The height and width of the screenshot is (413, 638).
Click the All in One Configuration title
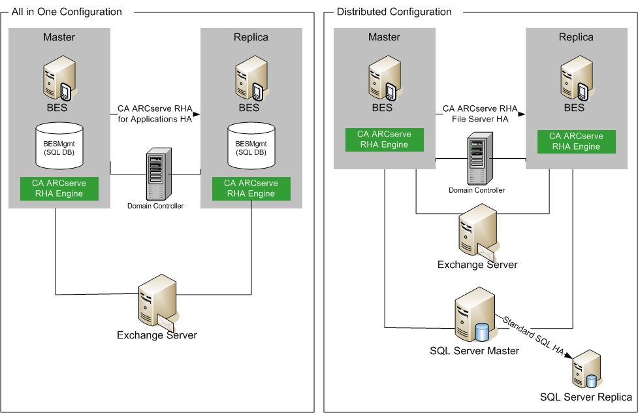67,12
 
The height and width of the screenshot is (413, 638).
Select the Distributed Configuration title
394,12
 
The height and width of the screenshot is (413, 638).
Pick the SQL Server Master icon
473,320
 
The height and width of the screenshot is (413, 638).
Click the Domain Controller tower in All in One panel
155,174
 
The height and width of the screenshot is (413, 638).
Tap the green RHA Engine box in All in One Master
59,188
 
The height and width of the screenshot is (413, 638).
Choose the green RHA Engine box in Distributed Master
385,140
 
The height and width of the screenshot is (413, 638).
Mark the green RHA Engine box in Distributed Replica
576,141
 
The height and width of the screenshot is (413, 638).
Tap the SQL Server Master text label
474,351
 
